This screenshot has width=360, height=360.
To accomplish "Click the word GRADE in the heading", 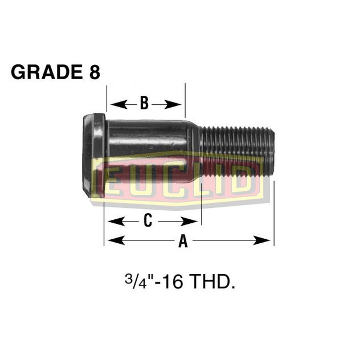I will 41,72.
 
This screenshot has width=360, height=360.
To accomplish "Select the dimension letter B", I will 144,104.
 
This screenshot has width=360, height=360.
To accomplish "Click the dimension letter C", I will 147,220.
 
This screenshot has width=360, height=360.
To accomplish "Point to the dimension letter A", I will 183,242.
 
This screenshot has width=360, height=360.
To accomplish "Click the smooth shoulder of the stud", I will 148,142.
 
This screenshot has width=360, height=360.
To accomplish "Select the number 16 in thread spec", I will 171,283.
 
